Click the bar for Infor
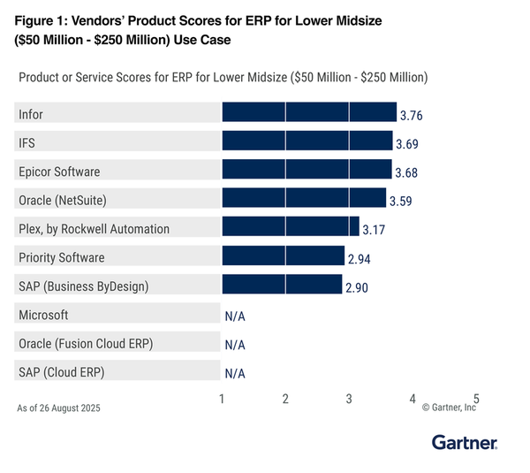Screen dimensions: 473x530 [x=309, y=112]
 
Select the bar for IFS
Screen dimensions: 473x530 [x=307, y=141]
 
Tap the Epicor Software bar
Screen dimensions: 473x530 [x=307, y=170]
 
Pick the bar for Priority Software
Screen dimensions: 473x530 [x=283, y=256]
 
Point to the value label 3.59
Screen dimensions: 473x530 [x=402, y=201]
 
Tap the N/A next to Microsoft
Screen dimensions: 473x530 [x=234, y=316]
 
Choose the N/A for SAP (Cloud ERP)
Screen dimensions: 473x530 [x=234, y=373]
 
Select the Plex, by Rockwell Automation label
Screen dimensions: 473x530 [x=94, y=228]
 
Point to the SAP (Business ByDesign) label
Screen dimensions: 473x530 [x=84, y=286]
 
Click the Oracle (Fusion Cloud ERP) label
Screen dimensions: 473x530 [x=87, y=343]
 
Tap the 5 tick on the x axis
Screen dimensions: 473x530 [x=476, y=399]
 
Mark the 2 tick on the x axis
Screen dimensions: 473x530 [x=285, y=399]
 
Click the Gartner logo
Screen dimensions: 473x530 [x=465, y=442]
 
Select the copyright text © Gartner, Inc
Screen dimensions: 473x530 [x=449, y=408]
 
